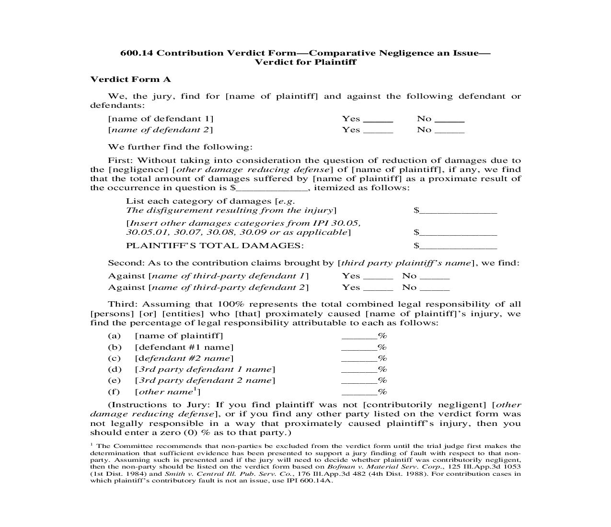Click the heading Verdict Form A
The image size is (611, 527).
pyautogui.click(x=130, y=80)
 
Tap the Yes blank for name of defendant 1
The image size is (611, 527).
pyautogui.click(x=378, y=120)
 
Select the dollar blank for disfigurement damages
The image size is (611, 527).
pyautogui.click(x=458, y=211)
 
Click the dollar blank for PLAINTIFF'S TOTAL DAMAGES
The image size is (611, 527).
pyautogui.click(x=458, y=246)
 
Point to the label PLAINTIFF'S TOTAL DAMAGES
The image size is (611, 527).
pyautogui.click(x=215, y=246)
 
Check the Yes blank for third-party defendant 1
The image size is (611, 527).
pyautogui.click(x=378, y=277)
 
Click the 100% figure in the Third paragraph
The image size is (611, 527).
pyautogui.click(x=229, y=304)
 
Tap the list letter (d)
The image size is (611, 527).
pyautogui.click(x=114, y=369)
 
